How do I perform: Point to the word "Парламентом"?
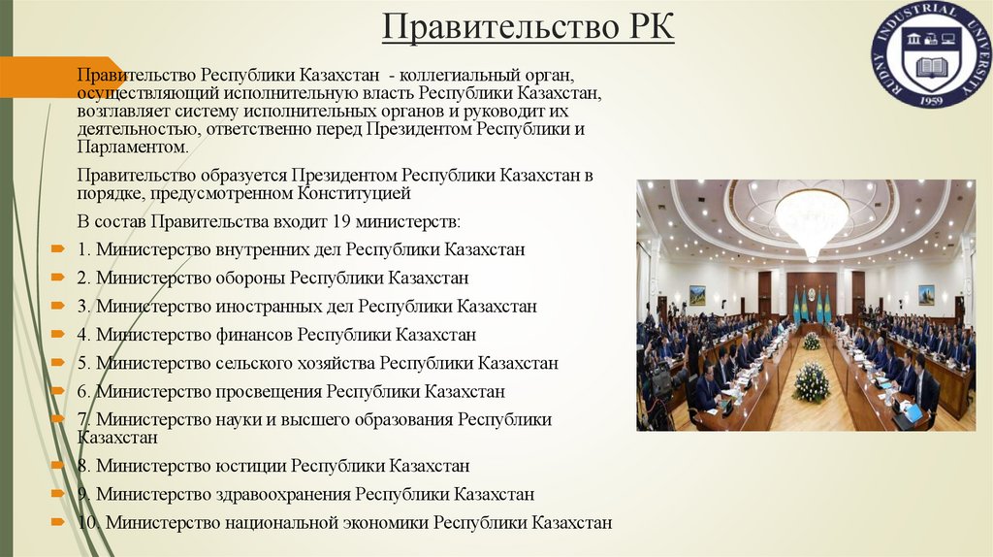pos(132,147)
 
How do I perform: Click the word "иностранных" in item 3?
pos(252,307)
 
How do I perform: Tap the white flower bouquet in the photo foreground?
pos(811,382)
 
